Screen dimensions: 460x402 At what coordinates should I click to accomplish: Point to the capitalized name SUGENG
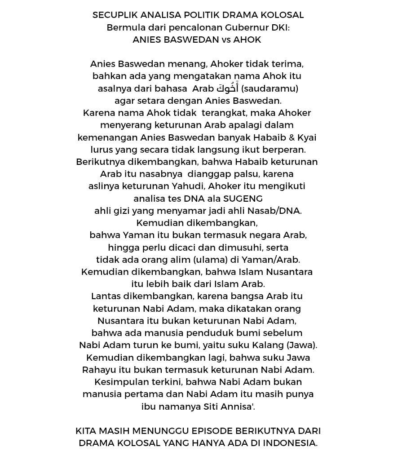[243, 199]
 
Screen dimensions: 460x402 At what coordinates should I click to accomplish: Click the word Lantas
[105, 296]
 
